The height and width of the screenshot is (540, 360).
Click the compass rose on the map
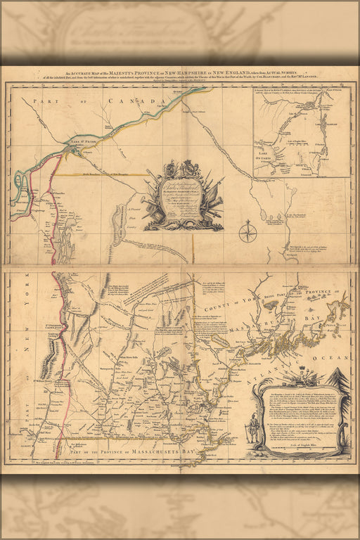click(x=247, y=231)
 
